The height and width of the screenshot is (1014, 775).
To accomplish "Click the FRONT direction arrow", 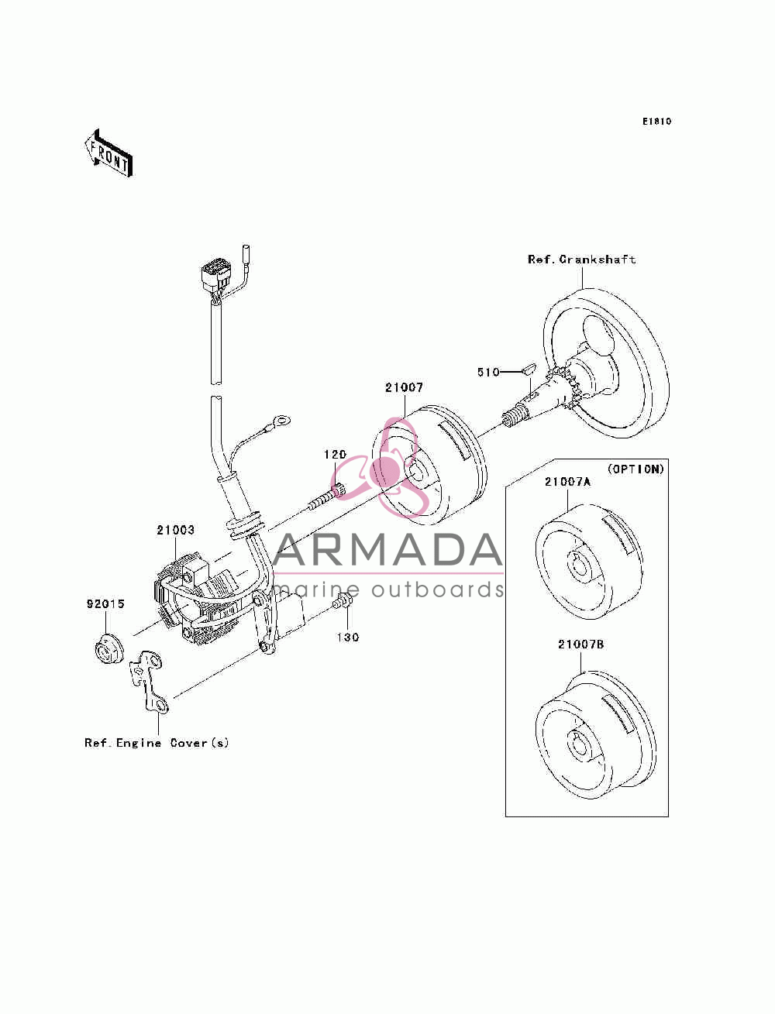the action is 108,153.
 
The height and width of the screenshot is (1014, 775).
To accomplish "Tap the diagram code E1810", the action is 656,122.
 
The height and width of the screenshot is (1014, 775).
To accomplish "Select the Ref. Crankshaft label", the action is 581,260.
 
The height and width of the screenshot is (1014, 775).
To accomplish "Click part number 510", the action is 488,372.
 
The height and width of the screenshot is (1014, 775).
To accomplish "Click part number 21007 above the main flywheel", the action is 404,387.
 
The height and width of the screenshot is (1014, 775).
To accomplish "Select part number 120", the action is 335,455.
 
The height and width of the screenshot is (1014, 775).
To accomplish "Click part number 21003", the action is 175,530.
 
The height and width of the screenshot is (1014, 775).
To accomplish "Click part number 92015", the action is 105,603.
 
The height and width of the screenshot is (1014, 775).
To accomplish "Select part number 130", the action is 347,638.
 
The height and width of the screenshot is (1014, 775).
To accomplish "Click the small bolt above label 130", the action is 343,601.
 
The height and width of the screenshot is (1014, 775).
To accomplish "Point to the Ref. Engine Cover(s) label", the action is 157,743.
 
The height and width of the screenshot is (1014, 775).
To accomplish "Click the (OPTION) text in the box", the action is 635,469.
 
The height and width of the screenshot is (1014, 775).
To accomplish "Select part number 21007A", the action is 567,482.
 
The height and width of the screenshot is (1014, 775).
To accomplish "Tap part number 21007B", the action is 581,644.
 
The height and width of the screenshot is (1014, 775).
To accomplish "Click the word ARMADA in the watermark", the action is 387,550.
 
